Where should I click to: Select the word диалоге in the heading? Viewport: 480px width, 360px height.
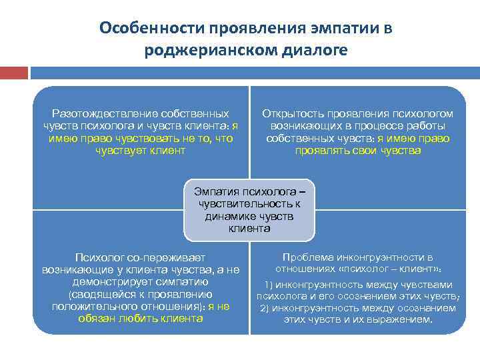pyautogui.click(x=315, y=51)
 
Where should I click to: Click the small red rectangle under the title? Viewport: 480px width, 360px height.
pyautogui.click(x=13, y=72)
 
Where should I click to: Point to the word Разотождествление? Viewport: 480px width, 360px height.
pyautogui.click(x=97, y=114)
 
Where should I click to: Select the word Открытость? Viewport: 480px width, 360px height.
pyautogui.click(x=291, y=114)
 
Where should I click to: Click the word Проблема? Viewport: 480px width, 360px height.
pyautogui.click(x=308, y=257)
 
